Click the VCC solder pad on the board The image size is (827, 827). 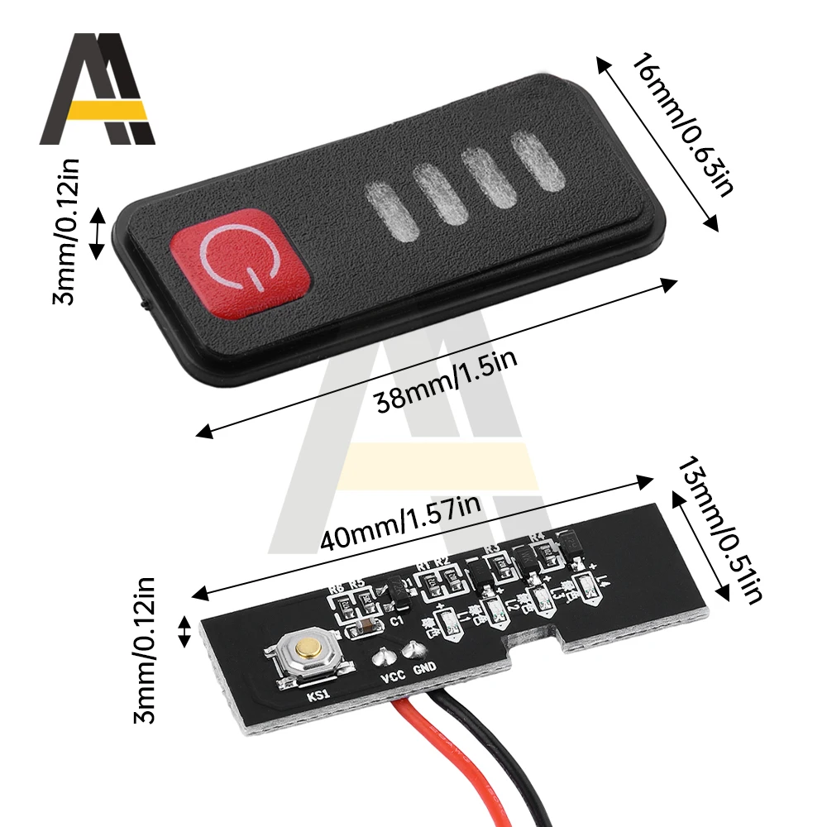click(383, 658)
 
